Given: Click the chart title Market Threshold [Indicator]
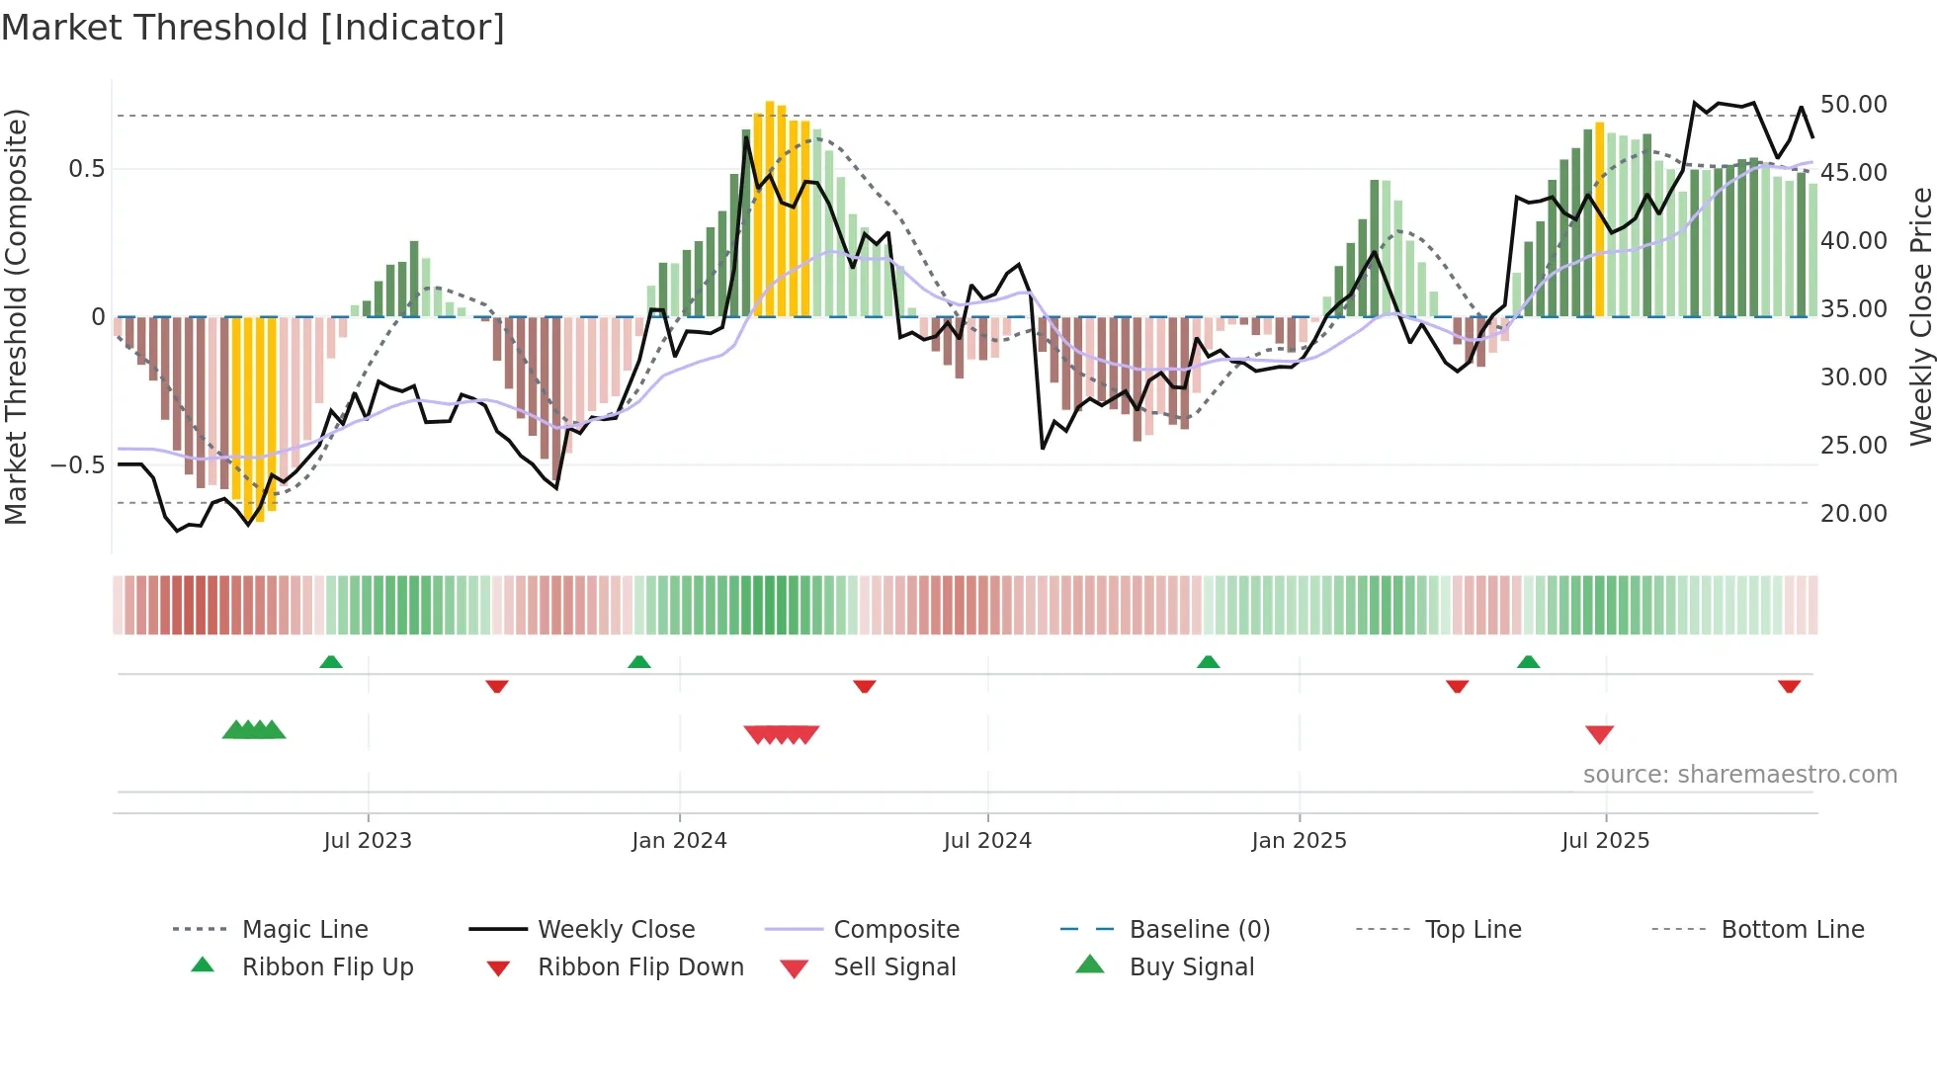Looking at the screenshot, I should pos(253,28).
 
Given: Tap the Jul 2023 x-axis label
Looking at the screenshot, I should pos(367,840).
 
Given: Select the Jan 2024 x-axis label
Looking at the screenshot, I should pos(679,840).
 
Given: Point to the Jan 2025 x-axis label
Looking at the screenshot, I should pos(1299,840).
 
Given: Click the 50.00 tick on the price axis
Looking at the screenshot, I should pos(1853,105).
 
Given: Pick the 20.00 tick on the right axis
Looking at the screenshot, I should pos(1853,514).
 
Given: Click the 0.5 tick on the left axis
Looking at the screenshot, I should pos(86,169).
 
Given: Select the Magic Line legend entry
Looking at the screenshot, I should pos(304,929).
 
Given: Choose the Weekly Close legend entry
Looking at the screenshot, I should pos(616,929).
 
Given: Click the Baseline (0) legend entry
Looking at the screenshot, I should pos(1199,929).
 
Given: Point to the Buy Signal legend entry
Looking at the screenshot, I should pos(1191,966).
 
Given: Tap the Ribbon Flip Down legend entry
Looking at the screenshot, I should pos(639,966).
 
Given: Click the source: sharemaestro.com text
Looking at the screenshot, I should pos(1739,774).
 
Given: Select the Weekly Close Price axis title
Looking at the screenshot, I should pos(1920,316).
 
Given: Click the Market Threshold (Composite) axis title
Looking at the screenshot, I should pos(16,316).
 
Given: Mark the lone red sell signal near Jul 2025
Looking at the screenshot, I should pos(1599,734).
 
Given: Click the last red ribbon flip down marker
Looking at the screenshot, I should pos(1789,686).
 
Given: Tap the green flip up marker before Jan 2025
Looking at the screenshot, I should pos(1208,661).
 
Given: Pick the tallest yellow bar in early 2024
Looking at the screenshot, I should pos(770,208).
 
